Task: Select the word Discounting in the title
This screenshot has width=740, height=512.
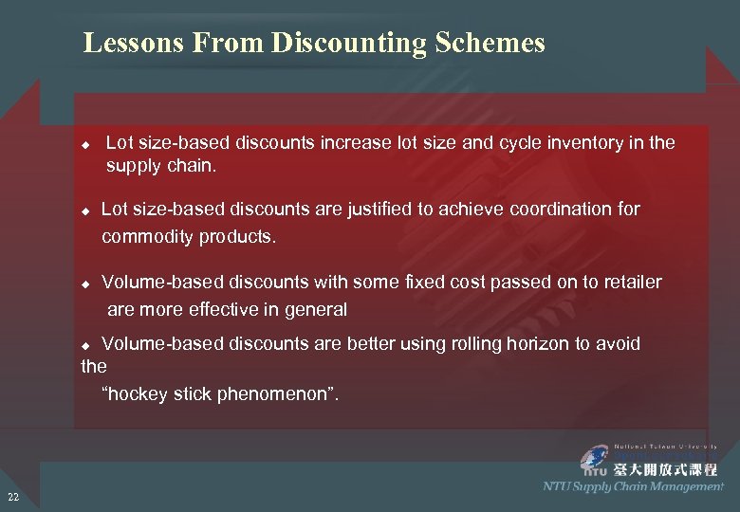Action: (x=349, y=44)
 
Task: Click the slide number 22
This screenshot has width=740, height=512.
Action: (x=12, y=497)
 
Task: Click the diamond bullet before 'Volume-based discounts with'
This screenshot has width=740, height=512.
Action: (x=85, y=283)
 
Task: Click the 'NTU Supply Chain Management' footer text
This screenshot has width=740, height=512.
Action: (x=633, y=486)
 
